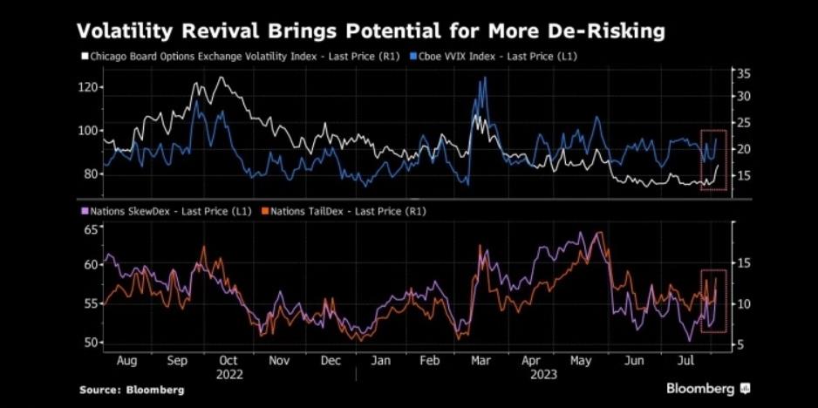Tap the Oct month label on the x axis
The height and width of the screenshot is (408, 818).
[x=228, y=359]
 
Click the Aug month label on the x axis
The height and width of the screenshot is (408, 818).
[x=126, y=359]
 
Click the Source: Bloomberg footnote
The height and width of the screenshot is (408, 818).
[x=132, y=390]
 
